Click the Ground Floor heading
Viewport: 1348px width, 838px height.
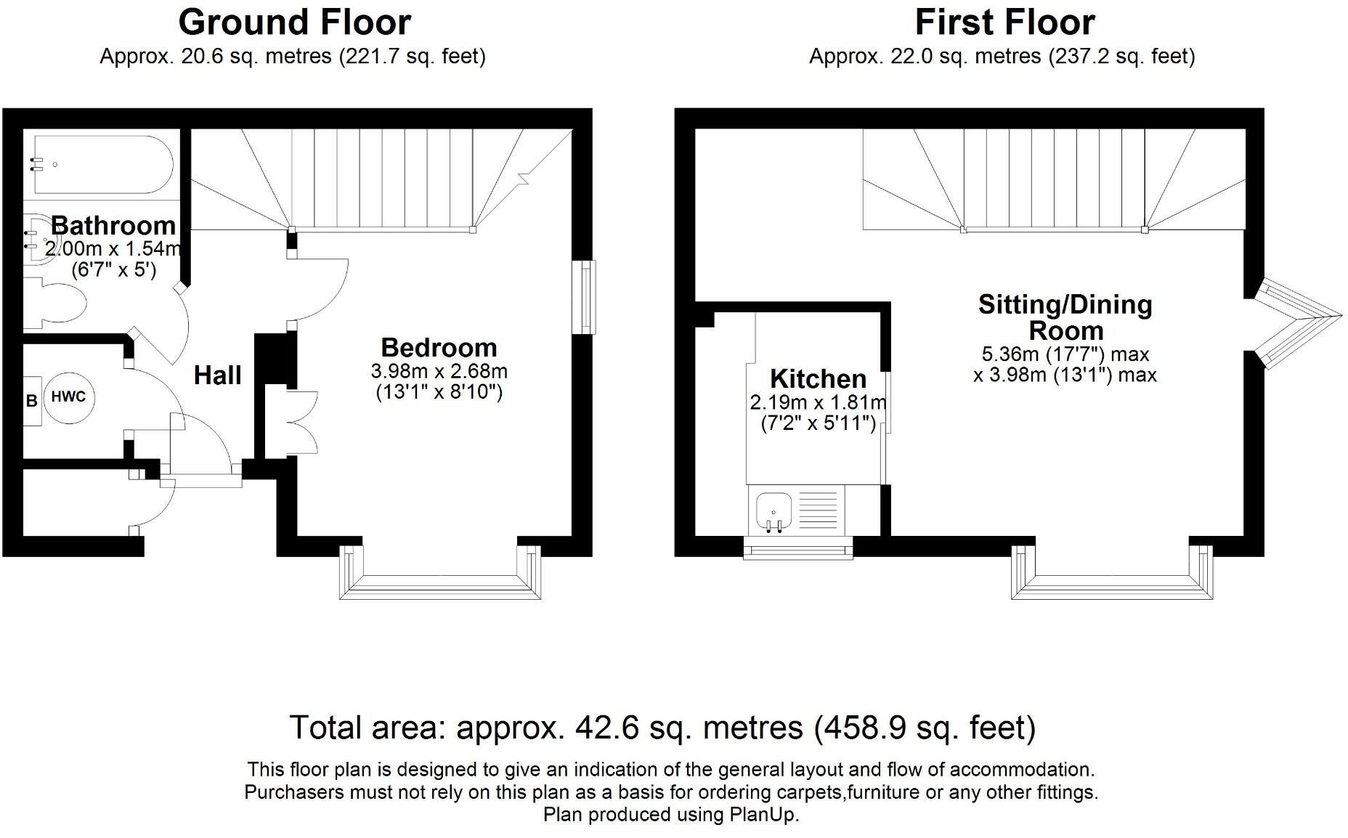294,23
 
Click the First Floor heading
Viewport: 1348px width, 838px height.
1004,23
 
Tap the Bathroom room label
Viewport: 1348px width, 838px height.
113,225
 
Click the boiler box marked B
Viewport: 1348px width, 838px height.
31,400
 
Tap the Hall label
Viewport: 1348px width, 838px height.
218,375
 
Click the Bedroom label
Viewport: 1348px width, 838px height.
439,347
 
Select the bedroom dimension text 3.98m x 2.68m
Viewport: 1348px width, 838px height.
439,372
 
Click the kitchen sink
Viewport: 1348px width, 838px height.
774,510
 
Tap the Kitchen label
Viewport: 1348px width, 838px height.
818,379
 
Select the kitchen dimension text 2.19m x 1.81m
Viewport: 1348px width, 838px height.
818,402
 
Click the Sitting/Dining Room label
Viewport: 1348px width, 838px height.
1065,317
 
